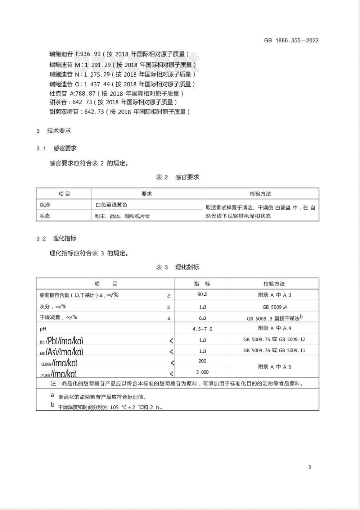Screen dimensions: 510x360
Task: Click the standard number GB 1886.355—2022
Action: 291,40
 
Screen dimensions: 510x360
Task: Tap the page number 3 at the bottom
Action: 310,467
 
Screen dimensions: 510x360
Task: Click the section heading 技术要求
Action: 59,131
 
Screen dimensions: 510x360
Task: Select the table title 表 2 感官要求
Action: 177,177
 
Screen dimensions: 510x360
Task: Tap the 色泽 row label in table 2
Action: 45,205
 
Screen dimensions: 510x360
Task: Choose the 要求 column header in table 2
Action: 147,194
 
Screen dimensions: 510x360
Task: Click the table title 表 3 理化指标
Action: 177,267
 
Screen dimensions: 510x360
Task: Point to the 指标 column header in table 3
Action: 202,284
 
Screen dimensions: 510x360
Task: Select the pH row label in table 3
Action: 43,329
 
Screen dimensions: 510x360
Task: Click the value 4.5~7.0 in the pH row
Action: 202,329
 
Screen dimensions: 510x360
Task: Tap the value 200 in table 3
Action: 202,361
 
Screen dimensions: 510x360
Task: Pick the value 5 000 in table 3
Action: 202,372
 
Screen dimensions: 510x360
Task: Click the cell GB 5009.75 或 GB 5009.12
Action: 274,339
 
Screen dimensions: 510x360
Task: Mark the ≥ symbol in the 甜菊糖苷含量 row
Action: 169,296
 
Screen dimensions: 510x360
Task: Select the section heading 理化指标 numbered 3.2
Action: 65,238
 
